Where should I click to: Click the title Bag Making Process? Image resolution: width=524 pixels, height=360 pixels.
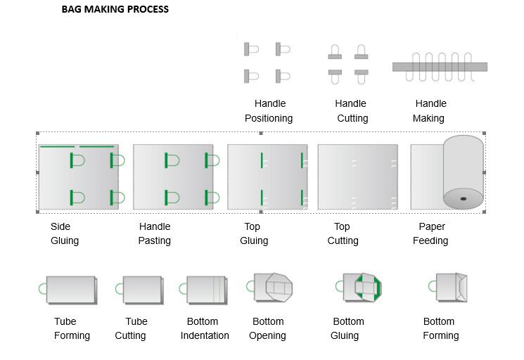pyautogui.click(x=115, y=9)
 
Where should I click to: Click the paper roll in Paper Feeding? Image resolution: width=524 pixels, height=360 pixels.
pyautogui.click(x=464, y=172)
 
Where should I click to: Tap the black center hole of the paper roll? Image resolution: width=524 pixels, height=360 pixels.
pyautogui.click(x=464, y=199)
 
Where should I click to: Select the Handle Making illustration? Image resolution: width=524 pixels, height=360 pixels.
pyautogui.click(x=440, y=67)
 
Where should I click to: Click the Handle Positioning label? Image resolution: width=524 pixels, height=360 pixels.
pyautogui.click(x=269, y=111)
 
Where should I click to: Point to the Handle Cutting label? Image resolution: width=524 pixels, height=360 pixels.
pyautogui.click(x=351, y=111)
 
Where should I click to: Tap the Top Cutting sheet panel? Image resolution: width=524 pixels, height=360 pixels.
pyautogui.click(x=357, y=177)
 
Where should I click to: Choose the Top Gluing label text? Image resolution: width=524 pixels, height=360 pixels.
pyautogui.click(x=254, y=233)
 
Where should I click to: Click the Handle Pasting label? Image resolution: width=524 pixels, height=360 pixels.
pyautogui.click(x=155, y=233)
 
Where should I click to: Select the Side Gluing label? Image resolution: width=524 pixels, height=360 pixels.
pyautogui.click(x=65, y=233)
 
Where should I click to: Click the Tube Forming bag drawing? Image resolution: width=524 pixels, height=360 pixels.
pyautogui.click(x=68, y=290)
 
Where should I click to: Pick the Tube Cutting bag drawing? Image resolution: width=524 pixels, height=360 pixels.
pyautogui.click(x=139, y=290)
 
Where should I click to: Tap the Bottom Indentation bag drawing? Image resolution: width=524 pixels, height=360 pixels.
pyautogui.click(x=203, y=290)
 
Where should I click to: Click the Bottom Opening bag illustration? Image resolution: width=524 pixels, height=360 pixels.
pyautogui.click(x=269, y=288)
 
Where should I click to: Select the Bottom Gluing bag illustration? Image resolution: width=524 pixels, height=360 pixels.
pyautogui.click(x=359, y=288)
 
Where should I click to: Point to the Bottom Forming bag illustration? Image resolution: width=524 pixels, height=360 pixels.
pyautogui.click(x=448, y=288)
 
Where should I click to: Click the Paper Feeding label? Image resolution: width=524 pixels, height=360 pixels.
pyautogui.click(x=430, y=233)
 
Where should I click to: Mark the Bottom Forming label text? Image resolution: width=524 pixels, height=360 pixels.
pyautogui.click(x=441, y=328)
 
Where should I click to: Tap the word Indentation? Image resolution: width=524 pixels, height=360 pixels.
pyautogui.click(x=205, y=335)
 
